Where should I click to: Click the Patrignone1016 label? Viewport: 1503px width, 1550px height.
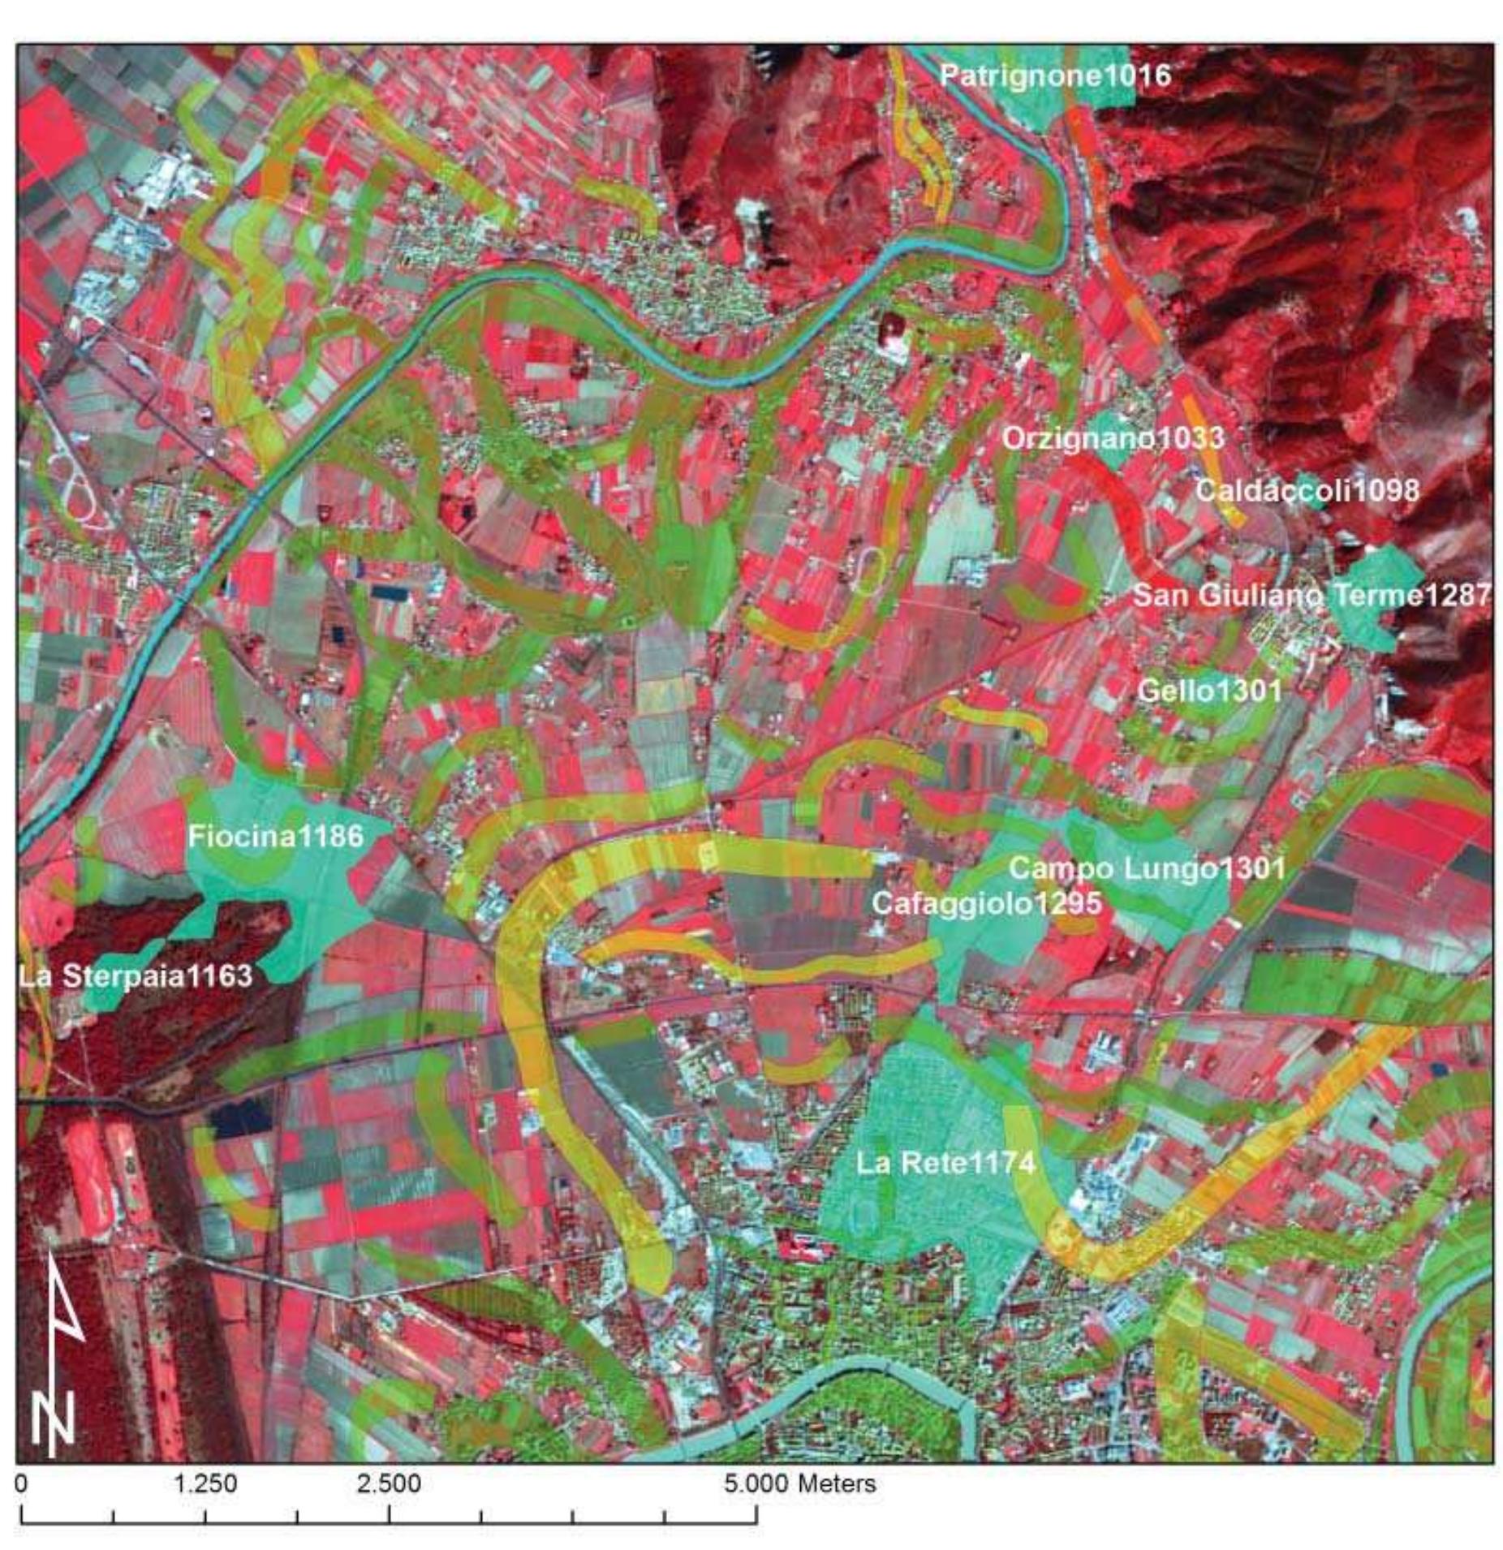pyautogui.click(x=1055, y=76)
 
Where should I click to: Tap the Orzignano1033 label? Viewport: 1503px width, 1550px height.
pyautogui.click(x=1112, y=438)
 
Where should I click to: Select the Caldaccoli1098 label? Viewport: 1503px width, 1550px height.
pyautogui.click(x=1307, y=490)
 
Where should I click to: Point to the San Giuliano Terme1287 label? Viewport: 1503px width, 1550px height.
pyautogui.click(x=1311, y=595)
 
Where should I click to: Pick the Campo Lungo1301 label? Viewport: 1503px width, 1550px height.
pyautogui.click(x=1146, y=868)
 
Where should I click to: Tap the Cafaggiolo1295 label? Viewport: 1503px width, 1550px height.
pyautogui.click(x=986, y=903)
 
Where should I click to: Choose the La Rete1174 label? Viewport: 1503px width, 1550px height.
pyautogui.click(x=945, y=1163)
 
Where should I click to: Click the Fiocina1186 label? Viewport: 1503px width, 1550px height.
pyautogui.click(x=275, y=836)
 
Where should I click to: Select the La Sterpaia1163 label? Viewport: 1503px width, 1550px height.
pyautogui.click(x=135, y=975)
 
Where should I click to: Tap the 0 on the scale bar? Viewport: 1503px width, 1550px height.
pyautogui.click(x=22, y=1483)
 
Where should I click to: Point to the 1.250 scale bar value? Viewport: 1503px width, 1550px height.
pyautogui.click(x=205, y=1483)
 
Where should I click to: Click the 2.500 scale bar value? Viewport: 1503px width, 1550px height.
pyautogui.click(x=389, y=1483)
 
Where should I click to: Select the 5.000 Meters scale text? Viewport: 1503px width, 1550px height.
pyautogui.click(x=799, y=1483)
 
